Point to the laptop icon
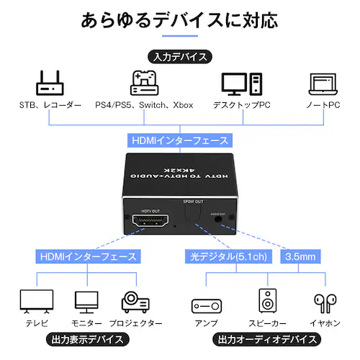coord(323,84)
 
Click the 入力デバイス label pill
coord(179,56)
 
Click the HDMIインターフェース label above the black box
coord(179,140)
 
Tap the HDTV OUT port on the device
coord(150,223)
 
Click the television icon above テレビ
coord(37,300)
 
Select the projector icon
coord(135,301)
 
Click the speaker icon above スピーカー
coord(267,301)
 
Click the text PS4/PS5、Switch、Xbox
coord(144,106)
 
